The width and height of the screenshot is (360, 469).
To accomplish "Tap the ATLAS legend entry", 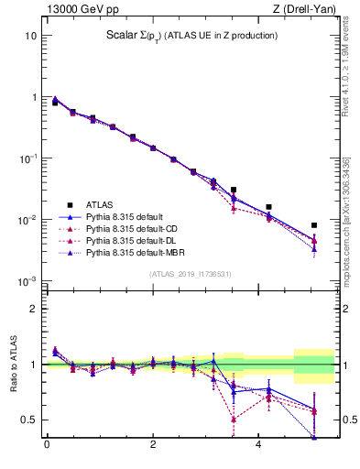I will point(100,204).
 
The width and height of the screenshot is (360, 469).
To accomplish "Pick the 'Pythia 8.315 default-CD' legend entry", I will point(133,228).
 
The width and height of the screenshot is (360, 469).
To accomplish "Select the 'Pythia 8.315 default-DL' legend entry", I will point(133,240).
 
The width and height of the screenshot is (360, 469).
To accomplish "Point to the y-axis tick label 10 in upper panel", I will point(30,36).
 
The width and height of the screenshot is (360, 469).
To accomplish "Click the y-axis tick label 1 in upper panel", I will point(33,97).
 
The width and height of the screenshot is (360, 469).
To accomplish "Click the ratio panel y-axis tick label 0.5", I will point(28,420).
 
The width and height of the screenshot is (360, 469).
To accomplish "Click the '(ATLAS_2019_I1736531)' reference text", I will point(191,274).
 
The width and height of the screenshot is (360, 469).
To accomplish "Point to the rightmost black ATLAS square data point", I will point(313,224).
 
